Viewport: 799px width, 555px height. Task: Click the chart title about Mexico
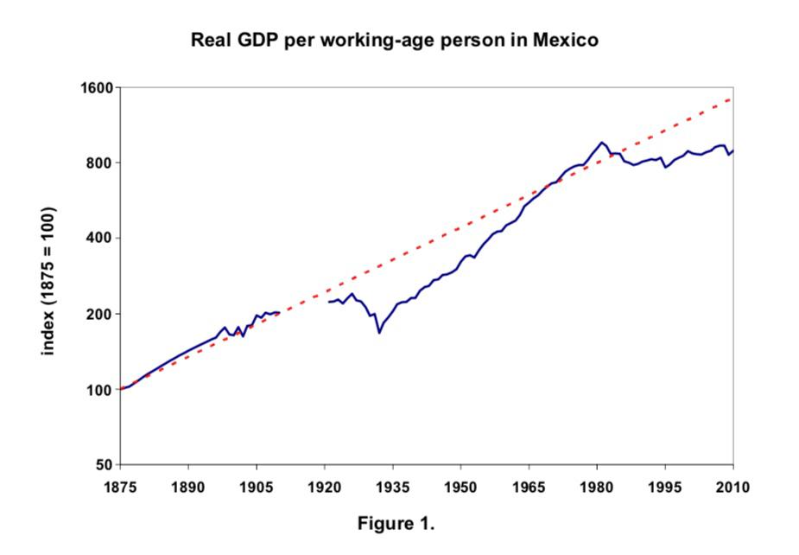[x=394, y=41]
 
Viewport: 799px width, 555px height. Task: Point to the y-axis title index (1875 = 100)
[x=49, y=280]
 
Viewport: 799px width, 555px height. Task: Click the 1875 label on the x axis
[x=120, y=486]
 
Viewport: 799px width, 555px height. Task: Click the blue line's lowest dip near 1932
[x=378, y=333]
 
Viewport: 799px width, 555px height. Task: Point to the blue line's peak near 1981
[x=601, y=143]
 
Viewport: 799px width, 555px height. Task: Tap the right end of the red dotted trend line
[x=732, y=99]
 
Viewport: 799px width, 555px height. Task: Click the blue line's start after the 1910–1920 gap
[x=329, y=302]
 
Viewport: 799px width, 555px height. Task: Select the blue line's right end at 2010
[x=733, y=150]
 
